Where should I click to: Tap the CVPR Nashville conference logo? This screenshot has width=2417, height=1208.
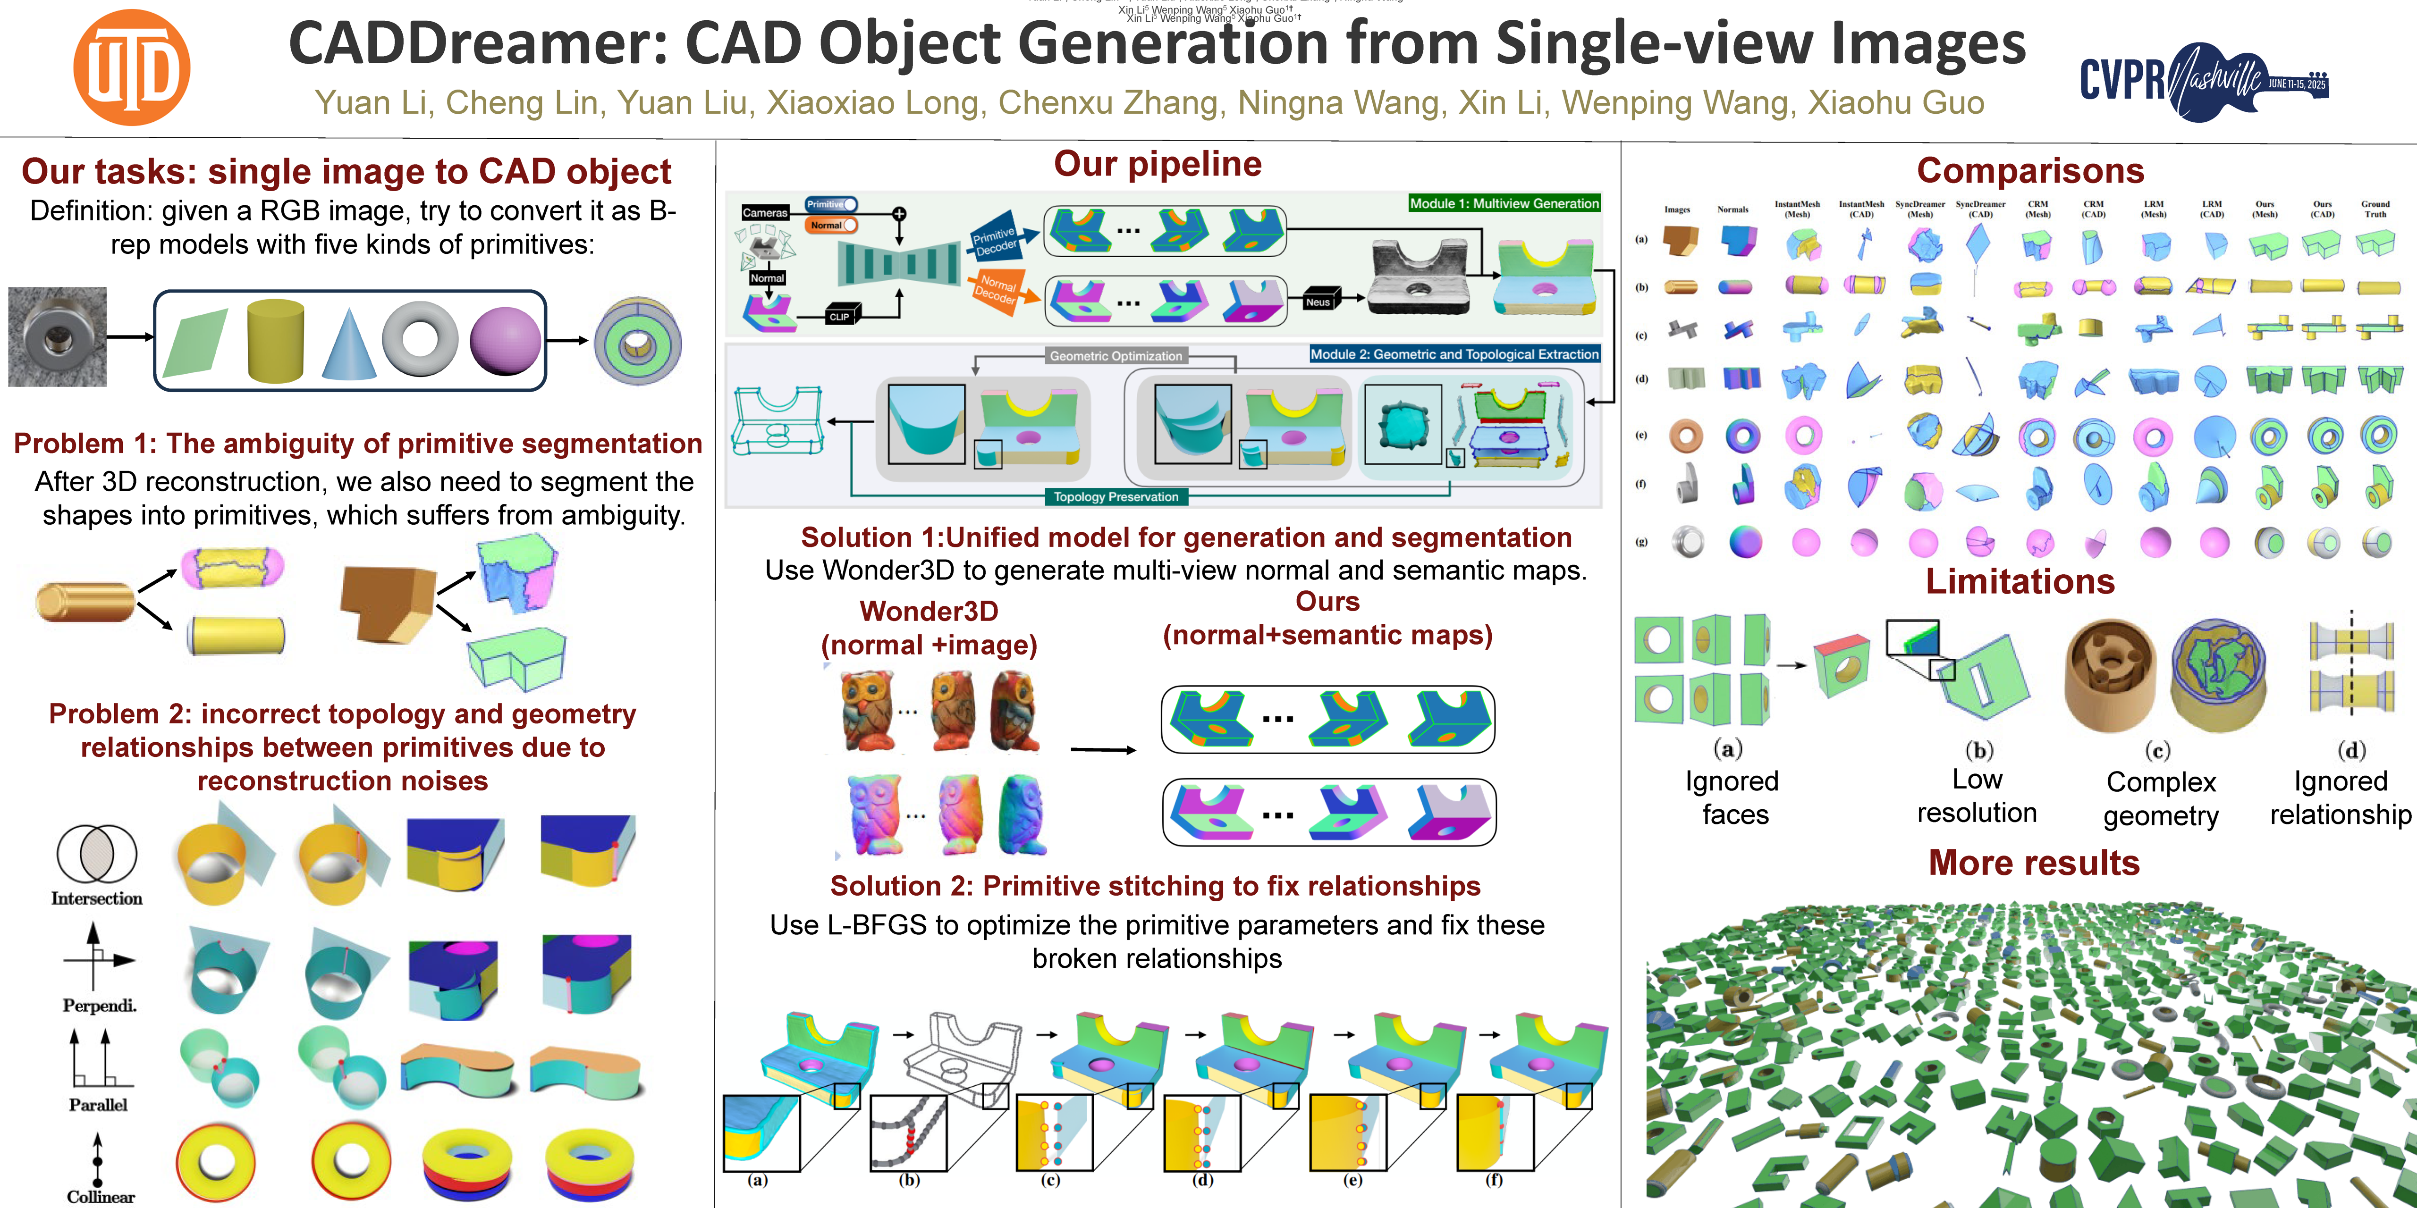(x=2203, y=81)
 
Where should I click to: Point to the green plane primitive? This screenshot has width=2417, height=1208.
(x=195, y=342)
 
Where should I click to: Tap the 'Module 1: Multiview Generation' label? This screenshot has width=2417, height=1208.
(x=1504, y=203)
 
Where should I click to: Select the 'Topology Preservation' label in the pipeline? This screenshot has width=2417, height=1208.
(x=1116, y=497)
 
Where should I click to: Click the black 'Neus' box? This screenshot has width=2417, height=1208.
(x=1318, y=302)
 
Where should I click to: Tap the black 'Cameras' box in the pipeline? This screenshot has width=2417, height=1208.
(x=765, y=213)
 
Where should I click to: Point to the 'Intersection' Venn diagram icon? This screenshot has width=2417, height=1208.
(x=97, y=854)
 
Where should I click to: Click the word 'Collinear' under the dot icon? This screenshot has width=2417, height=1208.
(x=101, y=1197)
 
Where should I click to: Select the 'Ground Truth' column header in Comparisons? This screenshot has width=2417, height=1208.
(x=2375, y=209)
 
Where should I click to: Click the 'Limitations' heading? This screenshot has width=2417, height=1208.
(x=2020, y=581)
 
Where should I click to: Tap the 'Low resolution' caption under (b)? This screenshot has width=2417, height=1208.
(x=1977, y=796)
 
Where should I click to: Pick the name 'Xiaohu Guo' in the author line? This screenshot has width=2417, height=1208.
(x=1895, y=102)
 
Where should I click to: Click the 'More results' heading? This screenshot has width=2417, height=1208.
(x=2033, y=863)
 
